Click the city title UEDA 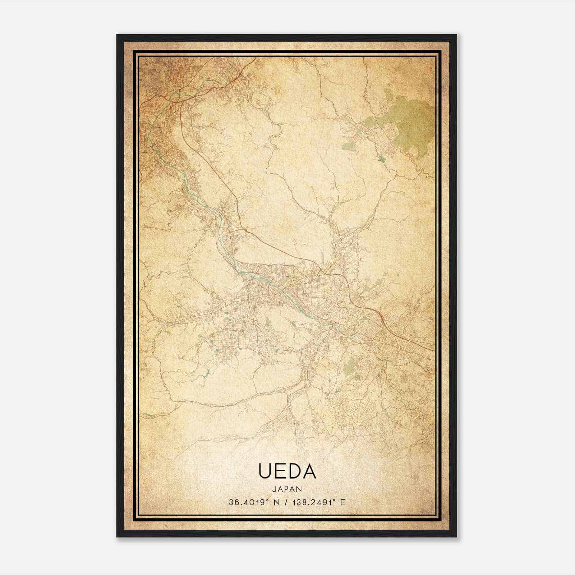coord(287,471)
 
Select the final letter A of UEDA coord(309,471)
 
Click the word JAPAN coord(287,489)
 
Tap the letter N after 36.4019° coord(276,502)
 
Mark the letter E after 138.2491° coord(343,502)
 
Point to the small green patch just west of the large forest coord(348,146)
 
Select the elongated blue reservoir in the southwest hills coord(206,374)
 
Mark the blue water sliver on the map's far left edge coord(149,416)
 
